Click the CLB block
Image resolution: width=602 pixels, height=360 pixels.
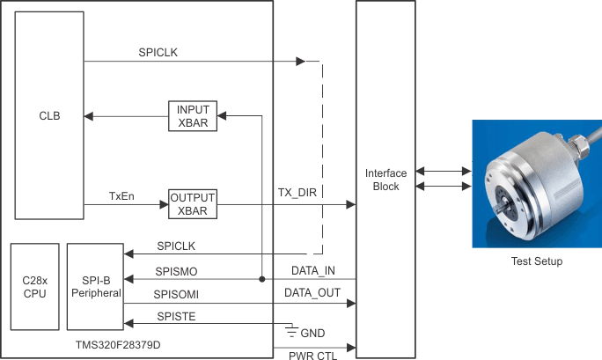pos(49,115)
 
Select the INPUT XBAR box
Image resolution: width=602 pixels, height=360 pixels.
pos(192,115)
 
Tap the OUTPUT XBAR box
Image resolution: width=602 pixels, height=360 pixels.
pos(192,204)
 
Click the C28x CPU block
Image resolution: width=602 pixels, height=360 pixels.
pos(34,285)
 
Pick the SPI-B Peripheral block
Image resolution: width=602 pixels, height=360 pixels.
pos(94,285)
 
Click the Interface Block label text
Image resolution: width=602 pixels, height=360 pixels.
pos(385,180)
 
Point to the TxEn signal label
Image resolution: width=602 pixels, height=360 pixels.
pos(121,195)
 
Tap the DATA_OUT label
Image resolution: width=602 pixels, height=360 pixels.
pos(310,292)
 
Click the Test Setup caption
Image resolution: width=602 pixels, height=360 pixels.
pos(536,261)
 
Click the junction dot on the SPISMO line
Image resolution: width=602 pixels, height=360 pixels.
pos(262,279)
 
